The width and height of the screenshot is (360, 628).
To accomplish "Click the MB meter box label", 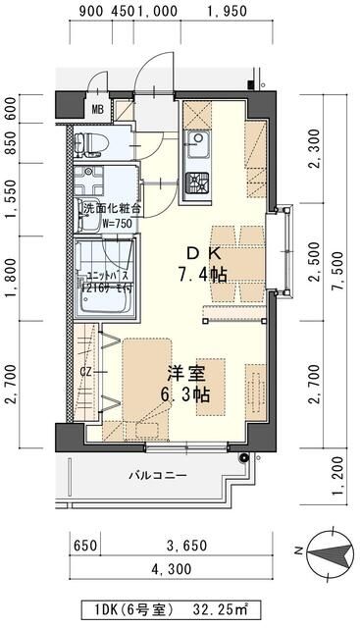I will [98, 108].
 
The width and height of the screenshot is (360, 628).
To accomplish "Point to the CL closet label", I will [85, 373].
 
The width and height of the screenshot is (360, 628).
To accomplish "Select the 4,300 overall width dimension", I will [171, 568].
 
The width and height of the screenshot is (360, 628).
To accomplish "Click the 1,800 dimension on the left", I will [13, 281].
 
